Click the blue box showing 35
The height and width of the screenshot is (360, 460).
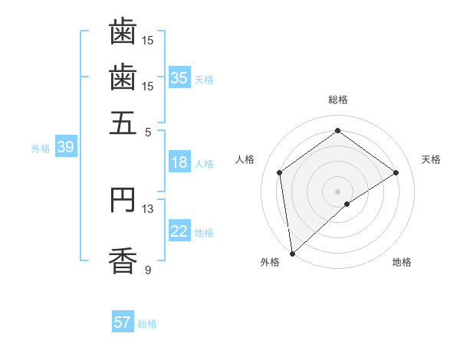[x=179, y=77]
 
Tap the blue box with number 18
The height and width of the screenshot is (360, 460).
[x=179, y=162]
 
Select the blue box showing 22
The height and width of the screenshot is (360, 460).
[x=179, y=231]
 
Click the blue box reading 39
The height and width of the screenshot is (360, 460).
[x=65, y=148]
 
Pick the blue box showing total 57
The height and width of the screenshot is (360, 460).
[x=123, y=322]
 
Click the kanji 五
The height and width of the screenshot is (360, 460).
[x=123, y=123]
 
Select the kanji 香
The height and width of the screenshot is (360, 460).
[x=123, y=260]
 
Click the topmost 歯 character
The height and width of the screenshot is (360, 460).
[x=123, y=32]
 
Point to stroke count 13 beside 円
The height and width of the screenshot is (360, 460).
[x=148, y=208]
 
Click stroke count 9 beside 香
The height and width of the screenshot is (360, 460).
[x=148, y=270]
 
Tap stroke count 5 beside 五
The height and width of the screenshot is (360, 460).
[x=148, y=131]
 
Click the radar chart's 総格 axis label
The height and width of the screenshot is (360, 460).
[x=337, y=100]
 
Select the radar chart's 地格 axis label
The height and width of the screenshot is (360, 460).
[x=402, y=263]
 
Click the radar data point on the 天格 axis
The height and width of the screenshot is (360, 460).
[x=396, y=172]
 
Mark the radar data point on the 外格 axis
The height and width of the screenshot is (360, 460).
[x=292, y=253]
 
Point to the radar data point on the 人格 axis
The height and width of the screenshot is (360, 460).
[x=280, y=172]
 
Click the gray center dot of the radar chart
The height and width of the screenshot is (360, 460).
[x=337, y=191]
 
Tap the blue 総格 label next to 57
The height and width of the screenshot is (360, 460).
[x=147, y=324]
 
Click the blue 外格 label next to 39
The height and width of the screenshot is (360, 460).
[x=41, y=149]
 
